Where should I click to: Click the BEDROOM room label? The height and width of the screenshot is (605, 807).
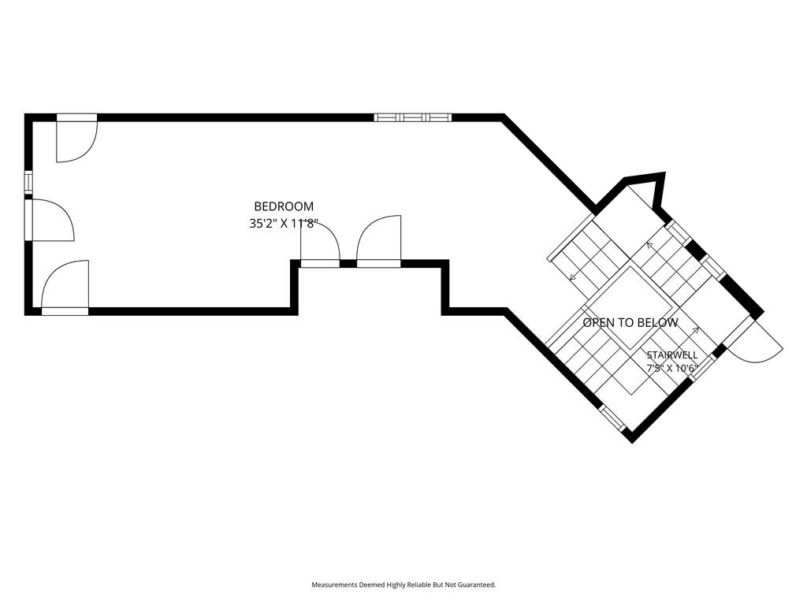(x=284, y=206)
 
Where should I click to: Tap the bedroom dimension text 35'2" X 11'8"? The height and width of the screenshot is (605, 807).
(x=284, y=224)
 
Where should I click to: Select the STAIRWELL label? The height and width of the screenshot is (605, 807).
(x=672, y=355)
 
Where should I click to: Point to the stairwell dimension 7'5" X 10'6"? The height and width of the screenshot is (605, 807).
(x=672, y=369)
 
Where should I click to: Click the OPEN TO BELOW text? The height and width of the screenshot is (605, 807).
(x=630, y=322)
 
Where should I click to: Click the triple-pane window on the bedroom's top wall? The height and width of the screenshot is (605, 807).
(x=413, y=117)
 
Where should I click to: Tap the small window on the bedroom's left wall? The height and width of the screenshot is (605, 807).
(x=28, y=183)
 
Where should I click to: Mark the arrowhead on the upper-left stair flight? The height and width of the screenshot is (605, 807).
(x=572, y=277)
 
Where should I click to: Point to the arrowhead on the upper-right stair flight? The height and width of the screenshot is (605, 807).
(x=650, y=246)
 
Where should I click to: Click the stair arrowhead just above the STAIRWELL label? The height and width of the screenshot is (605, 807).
(x=697, y=330)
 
